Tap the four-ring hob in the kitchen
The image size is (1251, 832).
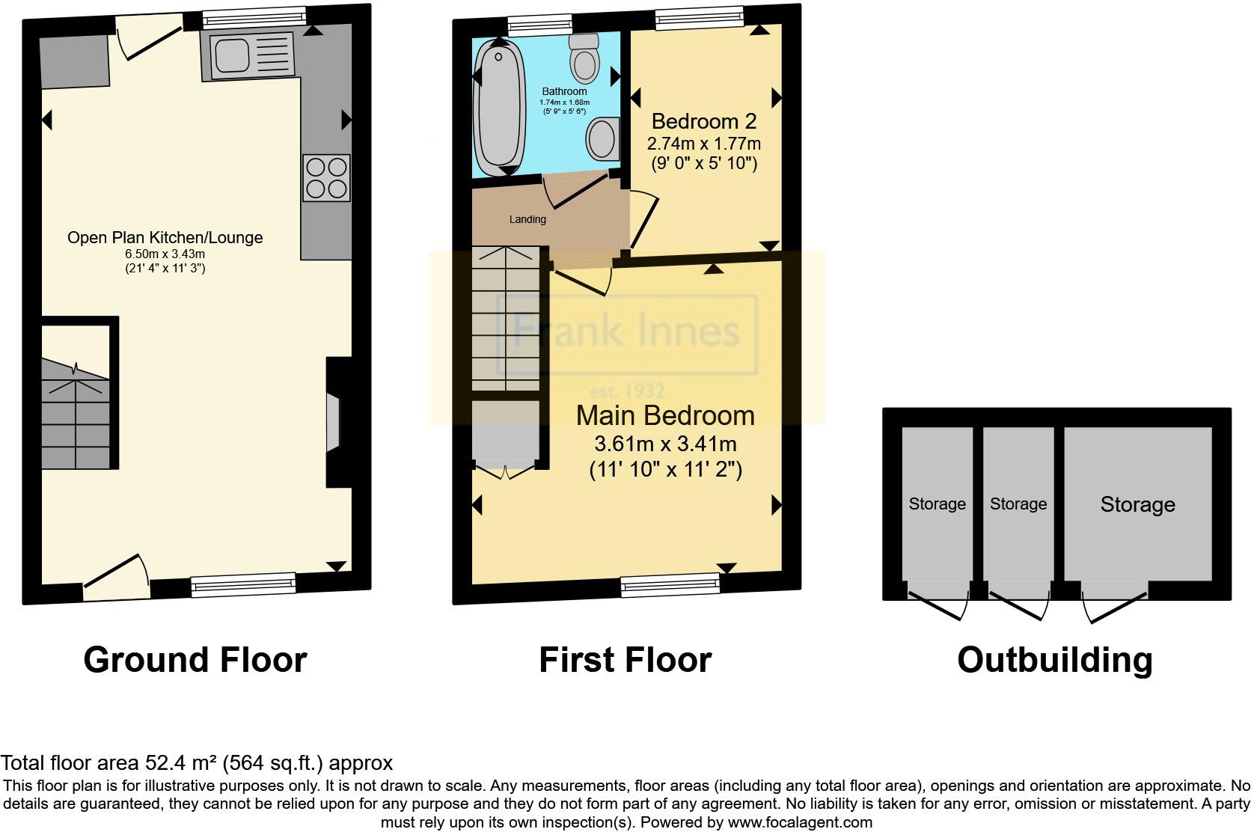[x=326, y=177]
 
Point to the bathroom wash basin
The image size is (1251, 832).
[x=603, y=138]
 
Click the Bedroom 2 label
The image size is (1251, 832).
[x=703, y=121]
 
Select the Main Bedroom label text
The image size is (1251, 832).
[x=664, y=415]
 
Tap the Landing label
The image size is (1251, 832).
[x=527, y=219]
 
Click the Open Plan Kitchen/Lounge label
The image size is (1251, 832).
[x=165, y=238]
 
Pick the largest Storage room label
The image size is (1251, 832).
[x=1137, y=504]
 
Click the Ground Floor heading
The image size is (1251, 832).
[x=195, y=660]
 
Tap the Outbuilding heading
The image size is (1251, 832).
[x=1054, y=660]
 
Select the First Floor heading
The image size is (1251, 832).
[x=625, y=660]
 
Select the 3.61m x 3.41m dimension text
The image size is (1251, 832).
[x=664, y=444]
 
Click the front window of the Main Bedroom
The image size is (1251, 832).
[x=670, y=584]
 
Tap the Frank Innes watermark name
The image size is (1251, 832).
[x=627, y=331]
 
